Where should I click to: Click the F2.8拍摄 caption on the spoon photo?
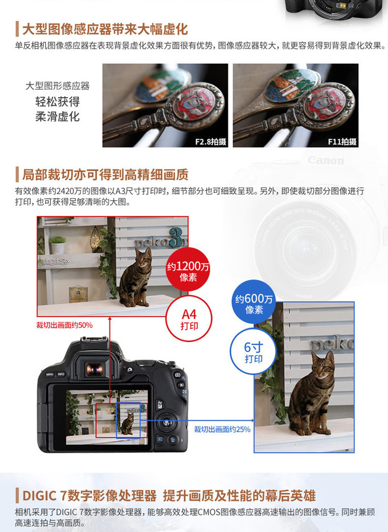tap(210, 141)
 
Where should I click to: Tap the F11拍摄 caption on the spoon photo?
tap(342, 141)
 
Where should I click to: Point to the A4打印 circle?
tap(189, 319)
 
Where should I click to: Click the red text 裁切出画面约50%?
tap(64, 325)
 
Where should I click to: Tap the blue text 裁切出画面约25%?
tap(222, 429)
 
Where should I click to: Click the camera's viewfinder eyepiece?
tap(95, 369)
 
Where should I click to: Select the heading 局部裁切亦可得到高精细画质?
tap(105, 175)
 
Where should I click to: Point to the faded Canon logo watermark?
tap(325, 160)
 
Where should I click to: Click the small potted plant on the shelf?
tap(57, 244)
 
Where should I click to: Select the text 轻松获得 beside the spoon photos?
tap(57, 101)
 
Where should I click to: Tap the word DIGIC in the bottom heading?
tap(39, 496)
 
